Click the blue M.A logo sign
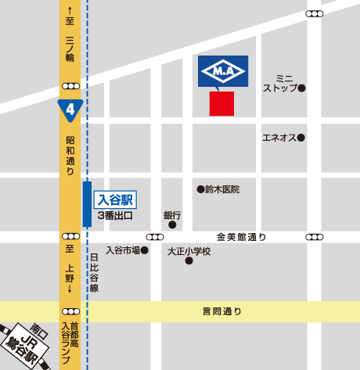point(223,72)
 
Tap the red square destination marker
point(221,103)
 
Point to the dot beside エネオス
point(301,138)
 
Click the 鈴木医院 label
point(222,189)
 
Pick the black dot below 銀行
point(172,225)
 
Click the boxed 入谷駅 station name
point(115,199)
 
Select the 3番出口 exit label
point(115,214)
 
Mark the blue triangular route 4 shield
point(70,109)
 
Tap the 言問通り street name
point(221,311)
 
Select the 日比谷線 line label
point(95,271)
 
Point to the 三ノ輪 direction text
point(70,48)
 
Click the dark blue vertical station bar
point(87,203)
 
